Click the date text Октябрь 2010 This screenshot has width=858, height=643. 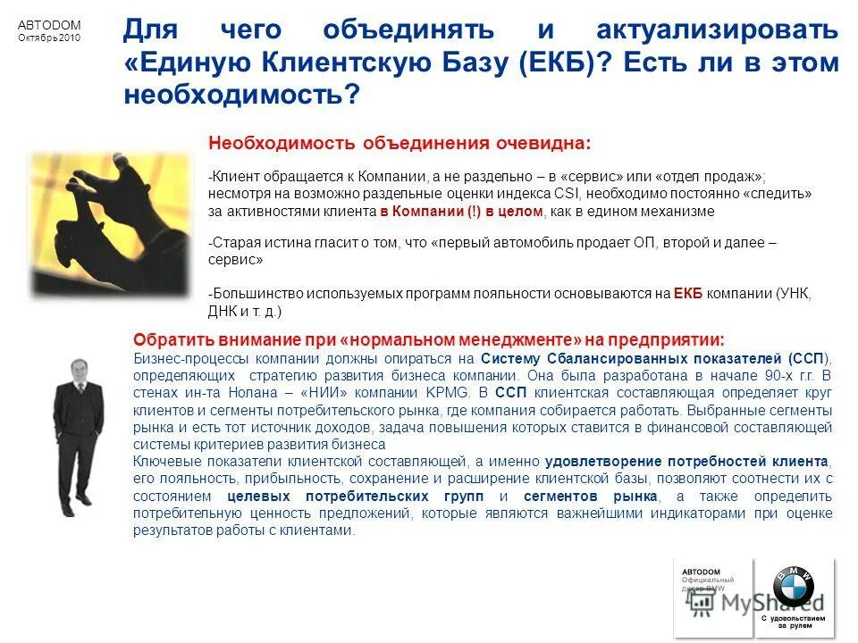click(x=49, y=38)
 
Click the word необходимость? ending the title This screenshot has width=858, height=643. click(x=240, y=95)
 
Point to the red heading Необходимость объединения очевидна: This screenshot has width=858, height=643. click(x=399, y=144)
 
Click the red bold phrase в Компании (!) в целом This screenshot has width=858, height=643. click(x=462, y=212)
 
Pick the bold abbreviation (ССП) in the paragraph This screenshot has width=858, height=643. click(x=808, y=358)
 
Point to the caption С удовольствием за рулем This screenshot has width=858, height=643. click(x=794, y=621)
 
